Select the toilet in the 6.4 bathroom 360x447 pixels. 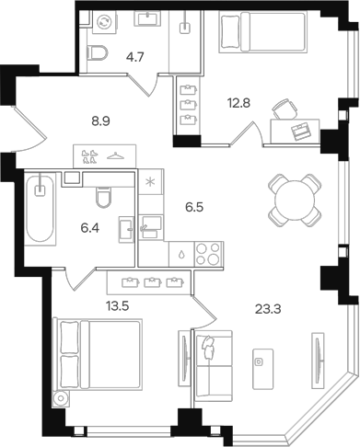click(x=104, y=196)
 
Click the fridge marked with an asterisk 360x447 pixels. click(x=150, y=182)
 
